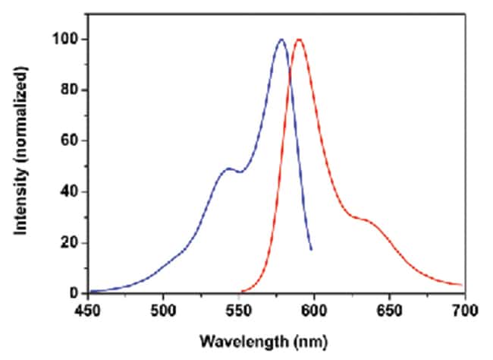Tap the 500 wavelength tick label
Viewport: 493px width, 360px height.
click(163, 310)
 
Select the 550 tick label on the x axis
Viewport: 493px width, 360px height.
click(238, 310)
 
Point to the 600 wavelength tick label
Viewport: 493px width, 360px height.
click(314, 310)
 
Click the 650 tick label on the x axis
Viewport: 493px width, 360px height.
click(389, 310)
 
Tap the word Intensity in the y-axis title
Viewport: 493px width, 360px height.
click(27, 205)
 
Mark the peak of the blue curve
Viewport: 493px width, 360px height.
click(281, 39)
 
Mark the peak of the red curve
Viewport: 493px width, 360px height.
click(299, 39)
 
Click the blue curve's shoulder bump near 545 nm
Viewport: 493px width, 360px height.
click(228, 169)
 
